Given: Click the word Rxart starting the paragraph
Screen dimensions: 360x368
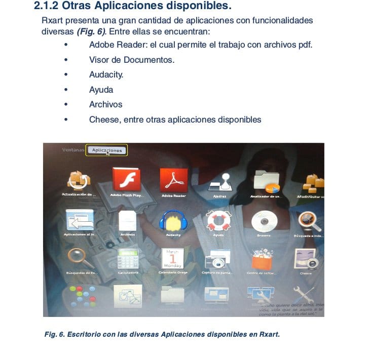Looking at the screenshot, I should pos(52,21).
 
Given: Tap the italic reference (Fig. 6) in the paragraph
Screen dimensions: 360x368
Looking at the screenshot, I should pos(92,31).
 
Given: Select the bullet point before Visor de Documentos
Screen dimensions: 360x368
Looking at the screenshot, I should pos(66,60).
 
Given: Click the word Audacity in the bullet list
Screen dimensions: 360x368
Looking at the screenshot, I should pos(106,75).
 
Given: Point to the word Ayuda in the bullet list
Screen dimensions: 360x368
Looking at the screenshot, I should pos(101,90).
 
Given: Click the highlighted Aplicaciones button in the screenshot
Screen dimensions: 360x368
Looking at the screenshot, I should pos(107,150).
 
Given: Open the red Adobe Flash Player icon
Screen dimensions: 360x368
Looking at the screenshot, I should pos(126,179).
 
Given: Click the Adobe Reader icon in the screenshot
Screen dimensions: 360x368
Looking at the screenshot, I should pos(173,179).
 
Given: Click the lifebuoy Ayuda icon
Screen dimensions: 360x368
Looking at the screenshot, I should pos(218,220).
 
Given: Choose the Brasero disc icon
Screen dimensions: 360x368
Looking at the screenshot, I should pos(264,221).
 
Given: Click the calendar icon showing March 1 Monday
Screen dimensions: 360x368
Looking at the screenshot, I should pos(173,259).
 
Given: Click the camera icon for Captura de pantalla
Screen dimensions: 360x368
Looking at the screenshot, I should pos(218,259).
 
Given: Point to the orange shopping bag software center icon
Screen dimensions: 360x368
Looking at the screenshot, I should pos(262,259).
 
